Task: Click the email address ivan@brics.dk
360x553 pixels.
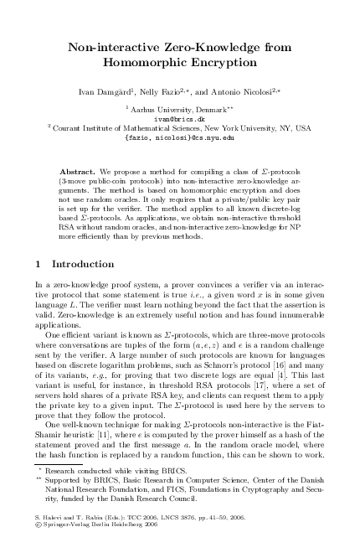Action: click(x=179, y=118)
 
